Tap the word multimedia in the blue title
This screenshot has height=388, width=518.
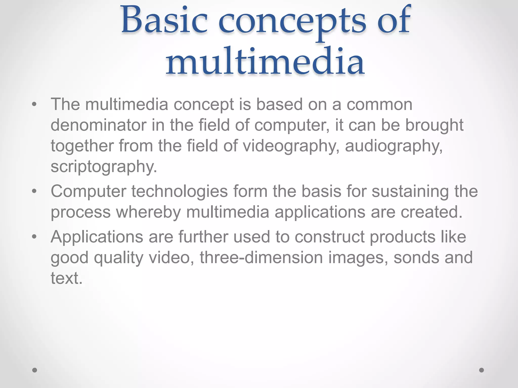click(265, 62)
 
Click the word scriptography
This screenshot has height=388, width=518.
click(104, 167)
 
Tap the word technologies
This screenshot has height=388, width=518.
click(180, 191)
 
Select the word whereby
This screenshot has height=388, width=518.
click(148, 212)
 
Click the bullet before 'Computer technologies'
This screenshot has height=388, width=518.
click(34, 191)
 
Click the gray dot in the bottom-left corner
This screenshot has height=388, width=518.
click(35, 370)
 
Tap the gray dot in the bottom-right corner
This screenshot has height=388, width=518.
click(482, 370)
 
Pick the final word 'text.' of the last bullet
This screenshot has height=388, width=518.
click(67, 278)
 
